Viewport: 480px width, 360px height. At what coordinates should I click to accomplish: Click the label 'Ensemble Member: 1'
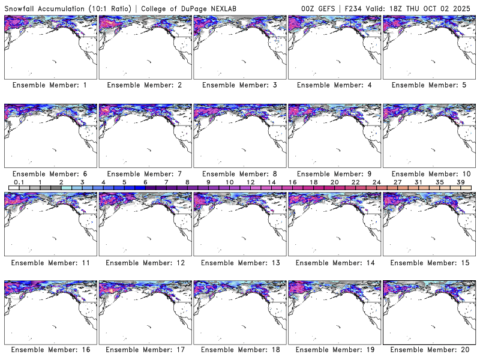50,85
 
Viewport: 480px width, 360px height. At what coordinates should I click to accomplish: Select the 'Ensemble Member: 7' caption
145,173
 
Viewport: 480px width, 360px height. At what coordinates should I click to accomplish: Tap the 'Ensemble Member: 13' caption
239,262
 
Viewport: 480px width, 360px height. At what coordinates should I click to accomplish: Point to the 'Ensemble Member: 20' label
429,350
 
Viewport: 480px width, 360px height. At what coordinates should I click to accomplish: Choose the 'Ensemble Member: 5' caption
429,85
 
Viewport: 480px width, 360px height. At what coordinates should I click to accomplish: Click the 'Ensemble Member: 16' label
50,350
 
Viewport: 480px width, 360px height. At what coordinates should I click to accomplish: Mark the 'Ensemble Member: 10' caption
429,173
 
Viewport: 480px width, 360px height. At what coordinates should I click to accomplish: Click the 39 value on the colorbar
461,182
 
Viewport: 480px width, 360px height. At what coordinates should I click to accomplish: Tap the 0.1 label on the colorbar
19,182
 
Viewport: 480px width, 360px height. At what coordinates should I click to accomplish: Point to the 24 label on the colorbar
377,182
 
